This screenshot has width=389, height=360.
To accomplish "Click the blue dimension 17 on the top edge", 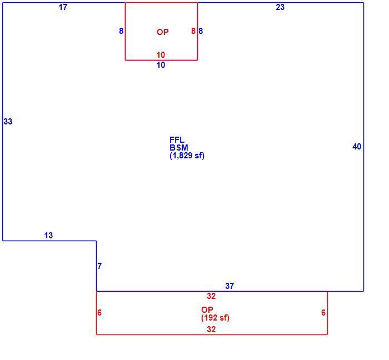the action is (63, 7).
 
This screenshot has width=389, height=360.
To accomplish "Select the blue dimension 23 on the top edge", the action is (280, 7).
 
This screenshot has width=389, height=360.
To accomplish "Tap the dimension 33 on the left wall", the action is (8, 122).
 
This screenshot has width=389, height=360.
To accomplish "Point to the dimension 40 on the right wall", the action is (357, 147).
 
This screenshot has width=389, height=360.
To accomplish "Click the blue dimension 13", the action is (49, 236).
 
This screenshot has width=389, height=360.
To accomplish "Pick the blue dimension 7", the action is (99, 266).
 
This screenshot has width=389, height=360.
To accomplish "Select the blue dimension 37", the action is (230, 286).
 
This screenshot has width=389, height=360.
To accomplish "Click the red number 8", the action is (193, 31).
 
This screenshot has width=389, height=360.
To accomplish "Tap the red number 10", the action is (161, 55).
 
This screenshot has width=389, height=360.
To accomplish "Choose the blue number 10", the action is (161, 65).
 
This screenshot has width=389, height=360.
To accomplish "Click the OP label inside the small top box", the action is (163, 32).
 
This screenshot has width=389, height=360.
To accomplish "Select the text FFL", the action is (177, 139).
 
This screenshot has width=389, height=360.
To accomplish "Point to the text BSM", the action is (179, 148).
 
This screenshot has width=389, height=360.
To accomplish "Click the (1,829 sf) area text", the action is (187, 156).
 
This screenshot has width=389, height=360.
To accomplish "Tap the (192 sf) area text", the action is (216, 318).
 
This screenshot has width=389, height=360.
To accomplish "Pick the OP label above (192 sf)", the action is (207, 309).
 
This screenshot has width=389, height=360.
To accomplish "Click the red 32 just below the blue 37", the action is (211, 296).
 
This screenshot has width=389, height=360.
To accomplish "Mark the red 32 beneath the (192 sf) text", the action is (211, 329).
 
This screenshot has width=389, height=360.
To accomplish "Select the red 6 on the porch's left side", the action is (99, 313).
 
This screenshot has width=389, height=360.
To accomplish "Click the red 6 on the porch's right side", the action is (323, 313).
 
